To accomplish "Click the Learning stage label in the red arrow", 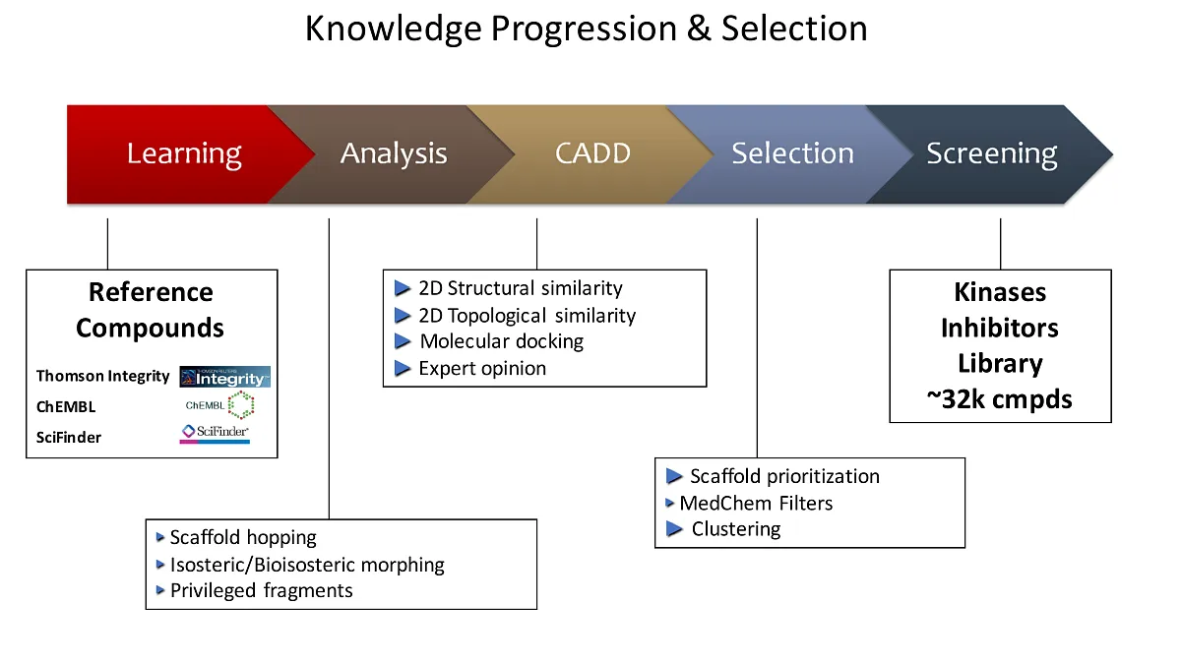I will tap(184, 154).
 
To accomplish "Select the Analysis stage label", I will tap(394, 154).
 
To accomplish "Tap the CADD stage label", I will tap(592, 154).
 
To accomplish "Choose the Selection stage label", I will tap(792, 154).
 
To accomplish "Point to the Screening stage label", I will tap(991, 154).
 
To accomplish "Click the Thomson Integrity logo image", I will tap(224, 377).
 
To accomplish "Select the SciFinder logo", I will tap(215, 433).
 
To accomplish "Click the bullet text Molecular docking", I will tap(501, 341).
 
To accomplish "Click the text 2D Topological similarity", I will tap(527, 315).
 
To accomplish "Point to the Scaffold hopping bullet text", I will tap(243, 537).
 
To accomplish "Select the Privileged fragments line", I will tap(261, 590).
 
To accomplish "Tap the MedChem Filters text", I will tap(756, 503).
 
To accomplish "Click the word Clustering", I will tap(735, 528).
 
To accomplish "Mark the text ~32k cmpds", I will tap(999, 398).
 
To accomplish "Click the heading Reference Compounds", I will tap(151, 310).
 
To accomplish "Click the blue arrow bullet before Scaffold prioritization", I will tap(674, 476).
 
